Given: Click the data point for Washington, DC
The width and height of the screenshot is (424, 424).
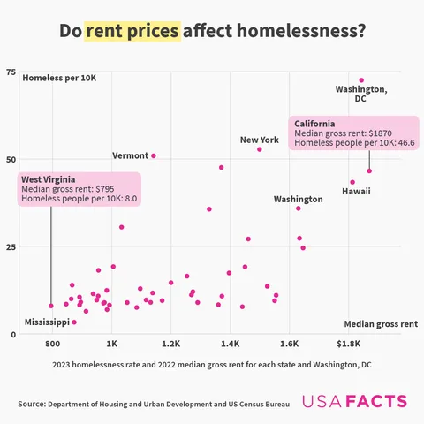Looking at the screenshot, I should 361,80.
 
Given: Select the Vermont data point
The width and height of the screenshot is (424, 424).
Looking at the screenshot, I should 154,155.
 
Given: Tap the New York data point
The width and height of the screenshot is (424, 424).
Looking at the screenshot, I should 260,149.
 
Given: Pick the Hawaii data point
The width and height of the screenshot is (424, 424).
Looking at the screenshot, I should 352,182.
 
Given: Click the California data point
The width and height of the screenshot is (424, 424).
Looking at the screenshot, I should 369,170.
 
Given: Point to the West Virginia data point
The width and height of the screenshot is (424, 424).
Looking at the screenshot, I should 51,306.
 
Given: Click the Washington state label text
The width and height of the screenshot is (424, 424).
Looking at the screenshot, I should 298,200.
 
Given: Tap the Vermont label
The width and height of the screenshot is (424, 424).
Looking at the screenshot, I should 130,155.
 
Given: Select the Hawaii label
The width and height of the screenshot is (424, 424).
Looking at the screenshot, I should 357,191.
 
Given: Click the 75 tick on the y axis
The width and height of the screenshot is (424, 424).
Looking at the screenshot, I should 11,72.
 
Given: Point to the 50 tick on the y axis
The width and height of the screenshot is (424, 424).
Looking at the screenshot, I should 11,160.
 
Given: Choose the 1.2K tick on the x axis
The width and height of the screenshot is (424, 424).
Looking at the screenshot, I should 170,344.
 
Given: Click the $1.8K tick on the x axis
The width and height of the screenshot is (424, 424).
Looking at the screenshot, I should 349,344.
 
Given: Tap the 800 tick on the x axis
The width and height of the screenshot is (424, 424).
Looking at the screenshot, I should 52,344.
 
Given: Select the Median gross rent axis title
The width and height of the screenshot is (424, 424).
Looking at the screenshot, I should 381,324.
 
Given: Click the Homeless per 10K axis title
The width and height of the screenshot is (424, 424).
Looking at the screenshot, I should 59,79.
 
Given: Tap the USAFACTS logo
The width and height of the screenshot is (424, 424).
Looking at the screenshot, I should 354,402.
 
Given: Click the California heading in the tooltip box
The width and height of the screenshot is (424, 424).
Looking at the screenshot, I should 314,123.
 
